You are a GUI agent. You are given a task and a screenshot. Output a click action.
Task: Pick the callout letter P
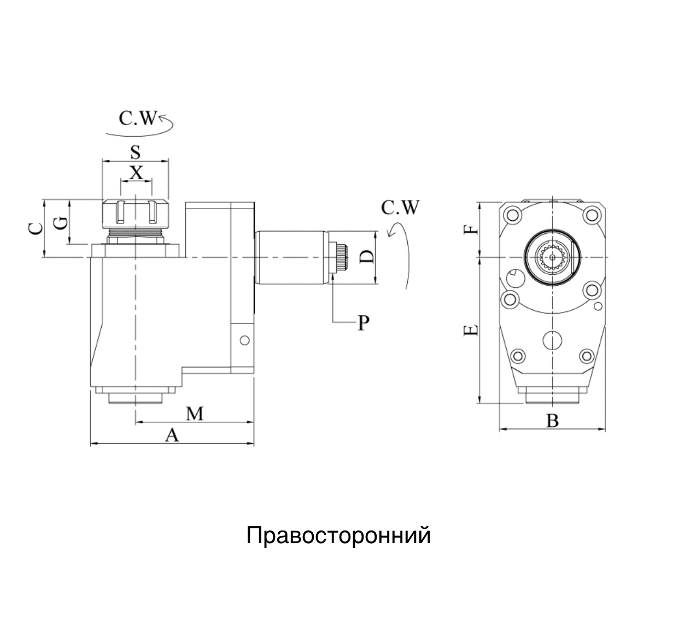(x=364, y=323)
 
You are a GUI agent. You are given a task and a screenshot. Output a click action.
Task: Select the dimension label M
(x=194, y=414)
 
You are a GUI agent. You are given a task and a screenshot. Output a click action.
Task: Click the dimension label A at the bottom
(x=172, y=435)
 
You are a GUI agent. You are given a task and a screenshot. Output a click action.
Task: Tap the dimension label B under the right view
(x=553, y=421)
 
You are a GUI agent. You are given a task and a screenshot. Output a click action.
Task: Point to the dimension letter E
(x=471, y=330)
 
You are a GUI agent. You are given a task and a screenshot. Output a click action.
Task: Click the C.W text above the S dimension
(x=138, y=119)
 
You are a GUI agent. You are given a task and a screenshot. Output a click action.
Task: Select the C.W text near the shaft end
(x=400, y=208)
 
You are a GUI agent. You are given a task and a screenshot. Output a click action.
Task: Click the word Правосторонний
(x=338, y=535)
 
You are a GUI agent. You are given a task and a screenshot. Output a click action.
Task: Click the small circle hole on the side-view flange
(x=245, y=340)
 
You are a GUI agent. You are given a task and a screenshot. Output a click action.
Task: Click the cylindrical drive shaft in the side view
(x=291, y=257)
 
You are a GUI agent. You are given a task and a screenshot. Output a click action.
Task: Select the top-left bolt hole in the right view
(x=512, y=215)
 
